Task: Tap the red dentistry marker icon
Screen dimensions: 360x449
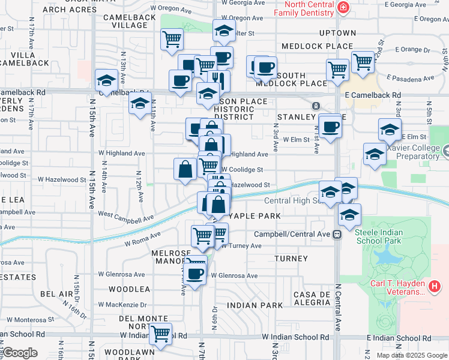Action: pos(343,8)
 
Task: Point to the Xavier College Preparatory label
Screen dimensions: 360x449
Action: pos(414,152)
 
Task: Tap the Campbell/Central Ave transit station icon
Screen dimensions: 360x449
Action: pos(337,234)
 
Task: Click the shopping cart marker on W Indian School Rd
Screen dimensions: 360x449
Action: pos(160,333)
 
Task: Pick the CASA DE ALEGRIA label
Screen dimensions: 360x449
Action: pos(313,298)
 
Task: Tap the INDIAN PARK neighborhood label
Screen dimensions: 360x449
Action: pos(255,305)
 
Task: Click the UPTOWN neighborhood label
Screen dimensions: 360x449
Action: pos(337,33)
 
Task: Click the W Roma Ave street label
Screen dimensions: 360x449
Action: pos(143,239)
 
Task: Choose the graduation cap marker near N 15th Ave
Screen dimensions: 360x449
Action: pos(106,80)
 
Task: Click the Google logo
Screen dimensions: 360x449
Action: pos(20,353)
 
